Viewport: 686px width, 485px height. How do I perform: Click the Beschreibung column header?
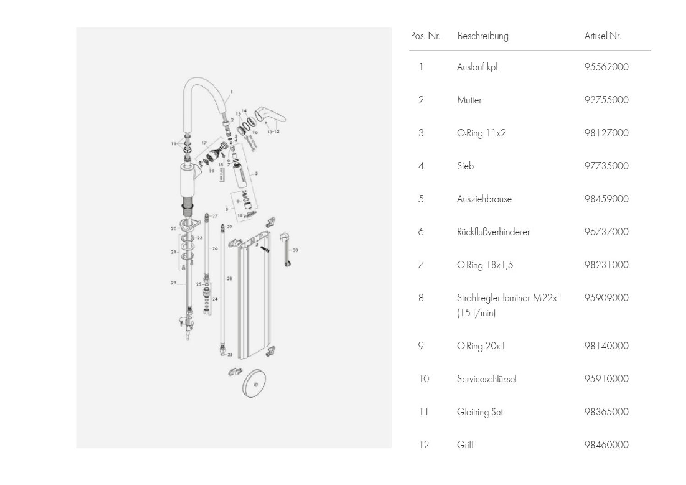483,36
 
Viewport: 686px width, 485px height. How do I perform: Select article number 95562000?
606,67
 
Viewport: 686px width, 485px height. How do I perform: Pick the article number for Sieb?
606,166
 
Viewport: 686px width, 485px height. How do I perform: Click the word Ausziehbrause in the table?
484,199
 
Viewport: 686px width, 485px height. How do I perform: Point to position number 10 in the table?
424,379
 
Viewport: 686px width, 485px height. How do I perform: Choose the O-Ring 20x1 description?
481,346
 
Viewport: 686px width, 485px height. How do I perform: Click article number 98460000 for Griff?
606,445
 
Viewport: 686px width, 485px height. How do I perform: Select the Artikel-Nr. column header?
603,36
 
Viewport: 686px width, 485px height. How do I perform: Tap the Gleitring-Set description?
480,412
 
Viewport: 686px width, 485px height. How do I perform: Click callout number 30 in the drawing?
295,250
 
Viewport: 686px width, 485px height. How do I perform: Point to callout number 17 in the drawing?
204,143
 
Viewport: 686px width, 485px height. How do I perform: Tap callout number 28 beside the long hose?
229,279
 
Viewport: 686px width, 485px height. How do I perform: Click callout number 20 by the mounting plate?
174,228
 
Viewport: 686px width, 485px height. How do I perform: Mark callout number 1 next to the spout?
232,92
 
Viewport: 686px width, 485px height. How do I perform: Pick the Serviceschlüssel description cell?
487,379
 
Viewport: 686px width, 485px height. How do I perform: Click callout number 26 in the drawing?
215,249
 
